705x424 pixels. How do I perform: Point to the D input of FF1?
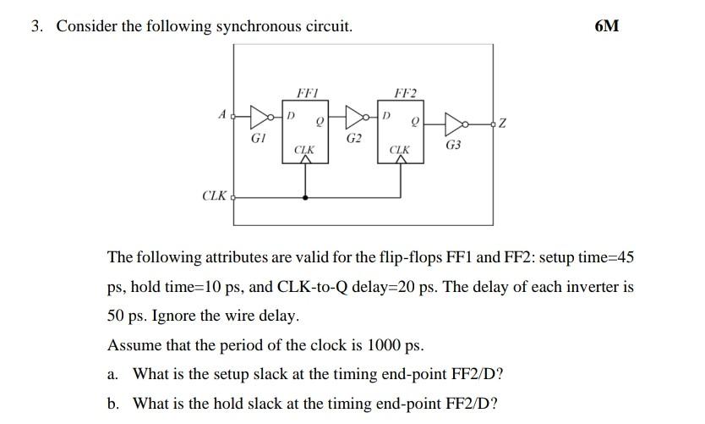pos(292,114)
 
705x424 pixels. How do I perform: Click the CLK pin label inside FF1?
pos(304,150)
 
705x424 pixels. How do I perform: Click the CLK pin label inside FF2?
pos(399,150)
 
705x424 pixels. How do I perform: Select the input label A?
pos(221,113)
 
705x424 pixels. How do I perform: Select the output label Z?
pos(503,126)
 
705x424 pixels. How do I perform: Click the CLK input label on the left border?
pos(215,196)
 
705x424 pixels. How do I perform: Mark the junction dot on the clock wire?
pos(304,196)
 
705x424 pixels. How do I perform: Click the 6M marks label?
pos(606,26)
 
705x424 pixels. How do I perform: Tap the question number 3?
pos(36,26)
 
